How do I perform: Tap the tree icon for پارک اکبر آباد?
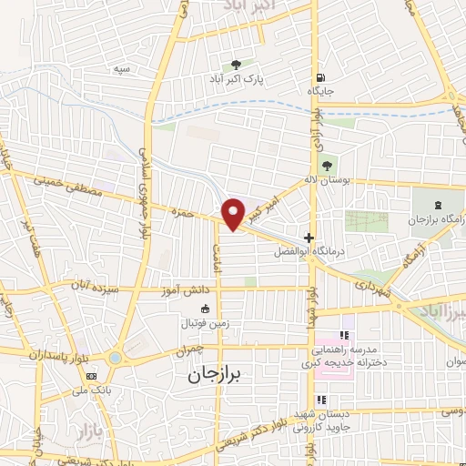point(237,65)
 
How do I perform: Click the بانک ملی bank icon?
point(91,376)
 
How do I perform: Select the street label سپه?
point(119,70)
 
